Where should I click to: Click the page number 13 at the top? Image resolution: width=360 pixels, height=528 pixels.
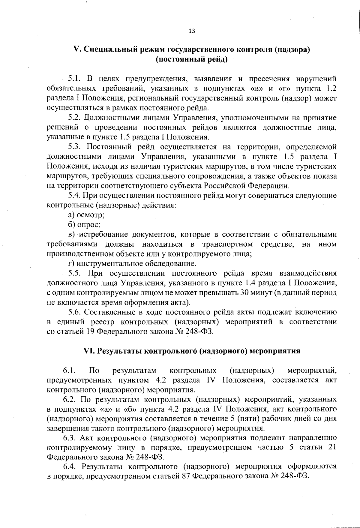pos(192,31)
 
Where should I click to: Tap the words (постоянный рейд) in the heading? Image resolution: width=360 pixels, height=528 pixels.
pos(191,59)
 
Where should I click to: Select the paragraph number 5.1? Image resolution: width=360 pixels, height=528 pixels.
pos(75,79)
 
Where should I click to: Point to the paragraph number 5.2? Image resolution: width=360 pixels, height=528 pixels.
pos(75,118)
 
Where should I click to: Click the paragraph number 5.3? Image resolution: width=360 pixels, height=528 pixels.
pos(75,147)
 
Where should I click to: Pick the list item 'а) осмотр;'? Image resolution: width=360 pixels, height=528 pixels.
pos(86,215)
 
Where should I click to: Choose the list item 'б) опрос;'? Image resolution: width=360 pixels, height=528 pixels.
pos(84,224)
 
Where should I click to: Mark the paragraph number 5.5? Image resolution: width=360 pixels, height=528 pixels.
pos(75,273)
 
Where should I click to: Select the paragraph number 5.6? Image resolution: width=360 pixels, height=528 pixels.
pos(75,312)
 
